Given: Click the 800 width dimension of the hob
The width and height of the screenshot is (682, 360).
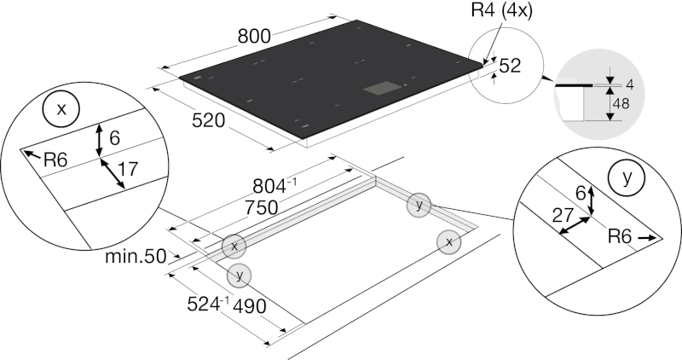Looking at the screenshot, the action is pyautogui.click(x=254, y=36).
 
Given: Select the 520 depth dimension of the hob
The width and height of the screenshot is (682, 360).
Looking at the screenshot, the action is pyautogui.click(x=208, y=120).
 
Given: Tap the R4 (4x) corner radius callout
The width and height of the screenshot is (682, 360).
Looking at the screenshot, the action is pyautogui.click(x=501, y=10).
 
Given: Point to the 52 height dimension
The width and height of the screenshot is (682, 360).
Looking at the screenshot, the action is pyautogui.click(x=510, y=66).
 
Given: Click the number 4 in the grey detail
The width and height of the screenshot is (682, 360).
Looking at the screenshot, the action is pyautogui.click(x=629, y=84).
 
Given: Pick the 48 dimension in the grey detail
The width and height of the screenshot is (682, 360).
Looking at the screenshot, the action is pyautogui.click(x=621, y=103).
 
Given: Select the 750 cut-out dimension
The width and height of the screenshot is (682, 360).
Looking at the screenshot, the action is pyautogui.click(x=262, y=207).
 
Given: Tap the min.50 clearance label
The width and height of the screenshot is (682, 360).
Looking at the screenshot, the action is pyautogui.click(x=136, y=257).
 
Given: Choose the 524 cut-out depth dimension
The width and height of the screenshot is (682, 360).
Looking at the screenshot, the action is pyautogui.click(x=208, y=304).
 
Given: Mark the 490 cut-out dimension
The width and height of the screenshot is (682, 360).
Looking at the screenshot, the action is pyautogui.click(x=250, y=306).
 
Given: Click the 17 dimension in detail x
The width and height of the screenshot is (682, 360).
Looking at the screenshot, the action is pyautogui.click(x=128, y=169).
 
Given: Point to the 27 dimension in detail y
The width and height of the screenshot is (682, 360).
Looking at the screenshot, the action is pyautogui.click(x=563, y=215).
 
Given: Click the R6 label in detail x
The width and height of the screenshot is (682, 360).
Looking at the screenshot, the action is pyautogui.click(x=55, y=160).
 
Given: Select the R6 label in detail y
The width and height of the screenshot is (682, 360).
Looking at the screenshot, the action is pyautogui.click(x=620, y=237).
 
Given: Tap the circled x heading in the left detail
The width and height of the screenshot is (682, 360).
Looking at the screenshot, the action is pyautogui.click(x=61, y=109).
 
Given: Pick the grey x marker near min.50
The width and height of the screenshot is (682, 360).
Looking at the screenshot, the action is pyautogui.click(x=234, y=246).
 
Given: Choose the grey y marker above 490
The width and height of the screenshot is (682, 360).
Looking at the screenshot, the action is pyautogui.click(x=239, y=275).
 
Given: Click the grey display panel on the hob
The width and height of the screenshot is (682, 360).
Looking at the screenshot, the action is pyautogui.click(x=382, y=88).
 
